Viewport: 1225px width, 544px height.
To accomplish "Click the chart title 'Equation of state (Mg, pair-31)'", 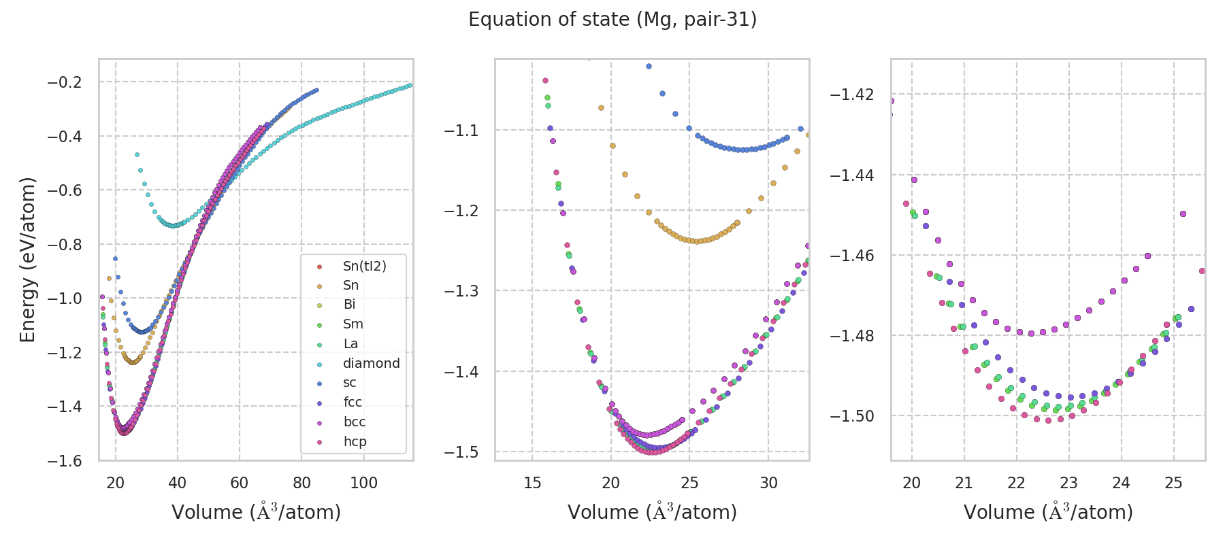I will (x=612, y=20).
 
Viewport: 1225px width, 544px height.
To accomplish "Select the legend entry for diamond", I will (x=371, y=363).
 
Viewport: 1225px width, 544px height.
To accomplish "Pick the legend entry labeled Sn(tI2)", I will (x=364, y=266).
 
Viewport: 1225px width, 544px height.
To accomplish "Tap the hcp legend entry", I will (x=355, y=441).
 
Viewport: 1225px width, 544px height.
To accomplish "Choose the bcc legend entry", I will (x=355, y=422).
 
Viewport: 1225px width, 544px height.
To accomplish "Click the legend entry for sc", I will (x=349, y=383).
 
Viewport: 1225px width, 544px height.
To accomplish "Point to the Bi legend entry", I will (x=349, y=305).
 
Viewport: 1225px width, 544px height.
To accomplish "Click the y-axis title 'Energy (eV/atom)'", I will (x=27, y=260).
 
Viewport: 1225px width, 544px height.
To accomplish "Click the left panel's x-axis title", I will (x=256, y=512).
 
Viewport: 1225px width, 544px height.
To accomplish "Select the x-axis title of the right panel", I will (x=1048, y=512).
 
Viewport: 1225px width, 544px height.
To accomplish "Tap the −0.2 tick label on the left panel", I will (x=64, y=82).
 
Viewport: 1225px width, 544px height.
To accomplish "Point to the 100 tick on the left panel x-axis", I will (x=363, y=483).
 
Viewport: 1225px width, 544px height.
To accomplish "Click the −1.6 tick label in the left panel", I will (x=64, y=461).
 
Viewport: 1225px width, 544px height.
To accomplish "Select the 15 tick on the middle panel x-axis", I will (x=532, y=483).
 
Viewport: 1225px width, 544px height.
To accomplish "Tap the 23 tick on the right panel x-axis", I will (x=1068, y=483).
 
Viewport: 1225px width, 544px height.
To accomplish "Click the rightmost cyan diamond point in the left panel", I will (x=410, y=85).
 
